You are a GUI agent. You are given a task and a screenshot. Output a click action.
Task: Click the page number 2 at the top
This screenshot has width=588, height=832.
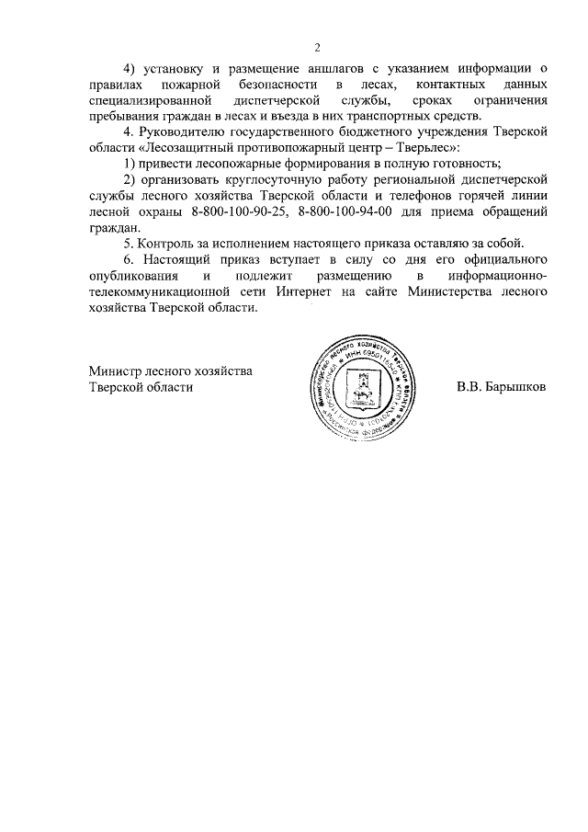click(x=317, y=47)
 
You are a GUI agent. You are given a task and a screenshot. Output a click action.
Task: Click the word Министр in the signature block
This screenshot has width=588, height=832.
click(x=116, y=370)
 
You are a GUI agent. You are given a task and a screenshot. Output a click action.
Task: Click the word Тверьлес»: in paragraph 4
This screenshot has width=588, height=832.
click(x=425, y=147)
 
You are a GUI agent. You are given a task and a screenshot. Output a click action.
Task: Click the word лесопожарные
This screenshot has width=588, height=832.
click(x=230, y=164)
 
